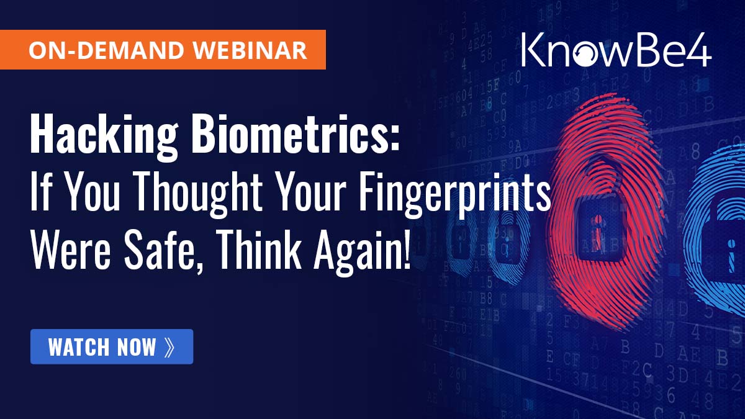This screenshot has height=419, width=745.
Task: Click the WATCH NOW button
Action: (112, 346)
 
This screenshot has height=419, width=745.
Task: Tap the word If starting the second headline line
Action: (41, 197)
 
